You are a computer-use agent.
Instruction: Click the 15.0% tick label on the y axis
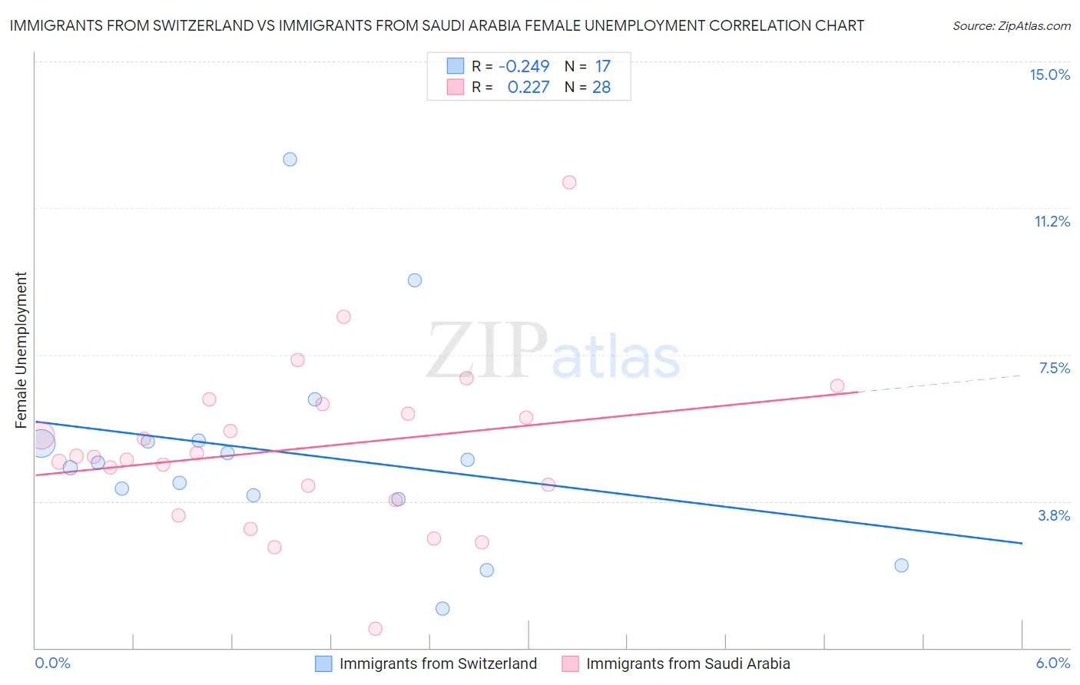pos(1049,74)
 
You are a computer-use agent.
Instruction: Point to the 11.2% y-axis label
pos(1052,221)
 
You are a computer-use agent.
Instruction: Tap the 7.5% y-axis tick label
pos(1054,368)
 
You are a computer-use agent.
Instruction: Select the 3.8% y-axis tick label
pos(1054,515)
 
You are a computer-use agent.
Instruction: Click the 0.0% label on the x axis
pos(52,663)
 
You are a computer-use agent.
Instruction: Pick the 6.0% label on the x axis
pos(1052,663)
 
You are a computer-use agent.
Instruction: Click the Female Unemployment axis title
pos(21,349)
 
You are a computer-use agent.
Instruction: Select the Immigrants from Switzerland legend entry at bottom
pos(426,663)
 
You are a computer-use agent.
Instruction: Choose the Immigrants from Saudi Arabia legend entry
pos(676,663)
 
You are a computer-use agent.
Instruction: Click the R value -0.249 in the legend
pos(524,67)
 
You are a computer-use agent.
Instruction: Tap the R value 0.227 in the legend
pos(528,88)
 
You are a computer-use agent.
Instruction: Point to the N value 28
pos(601,88)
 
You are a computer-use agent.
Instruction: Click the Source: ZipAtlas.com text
pos(1012,26)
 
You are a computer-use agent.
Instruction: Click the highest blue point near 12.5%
pos(290,160)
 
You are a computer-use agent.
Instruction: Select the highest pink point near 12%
pos(569,182)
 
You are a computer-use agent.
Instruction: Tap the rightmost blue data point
pos(902,565)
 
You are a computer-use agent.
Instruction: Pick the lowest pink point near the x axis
pos(376,629)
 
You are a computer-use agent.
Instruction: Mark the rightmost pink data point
pos(837,386)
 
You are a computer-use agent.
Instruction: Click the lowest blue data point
pos(442,608)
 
